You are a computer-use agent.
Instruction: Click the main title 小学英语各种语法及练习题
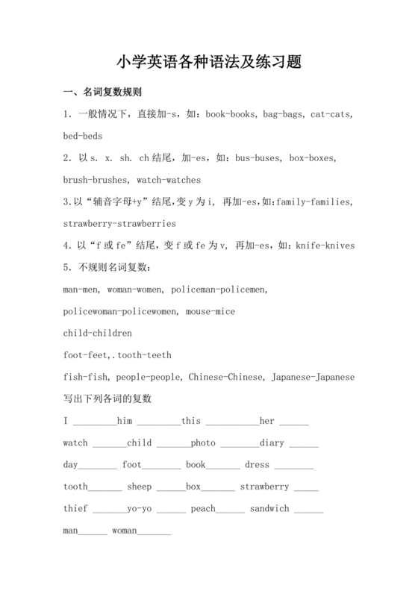point(209,60)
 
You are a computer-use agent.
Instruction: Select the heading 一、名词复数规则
point(102,93)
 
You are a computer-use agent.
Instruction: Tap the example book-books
point(232,115)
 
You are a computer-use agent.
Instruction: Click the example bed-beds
point(83,137)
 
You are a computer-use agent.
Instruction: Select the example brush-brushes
point(95,180)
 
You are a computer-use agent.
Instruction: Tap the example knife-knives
point(325,246)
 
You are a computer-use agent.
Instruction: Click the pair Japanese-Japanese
point(313,377)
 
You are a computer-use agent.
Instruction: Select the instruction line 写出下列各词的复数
point(107,399)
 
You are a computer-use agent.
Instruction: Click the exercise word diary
point(272,443)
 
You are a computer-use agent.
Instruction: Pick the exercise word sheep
point(140,487)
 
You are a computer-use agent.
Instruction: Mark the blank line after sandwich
point(310,512)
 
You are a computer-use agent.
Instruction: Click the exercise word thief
point(75,508)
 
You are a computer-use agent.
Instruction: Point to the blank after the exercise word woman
point(155,534)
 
